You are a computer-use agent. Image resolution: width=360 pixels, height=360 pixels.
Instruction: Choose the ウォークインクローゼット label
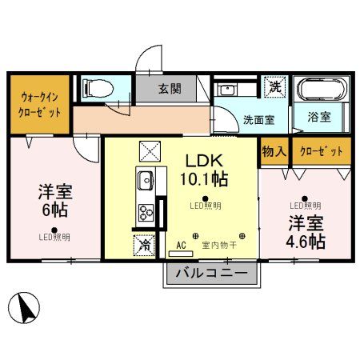click(x=39, y=104)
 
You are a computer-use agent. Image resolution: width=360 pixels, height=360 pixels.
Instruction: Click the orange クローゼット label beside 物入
click(x=320, y=151)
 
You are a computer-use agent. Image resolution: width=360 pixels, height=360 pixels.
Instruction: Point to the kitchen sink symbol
click(x=146, y=181)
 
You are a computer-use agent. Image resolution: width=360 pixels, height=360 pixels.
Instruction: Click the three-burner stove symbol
click(x=147, y=212)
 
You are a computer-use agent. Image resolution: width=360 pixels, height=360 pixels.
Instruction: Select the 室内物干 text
click(x=217, y=244)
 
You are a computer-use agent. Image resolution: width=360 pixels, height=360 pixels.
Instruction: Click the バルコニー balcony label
click(x=212, y=274)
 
